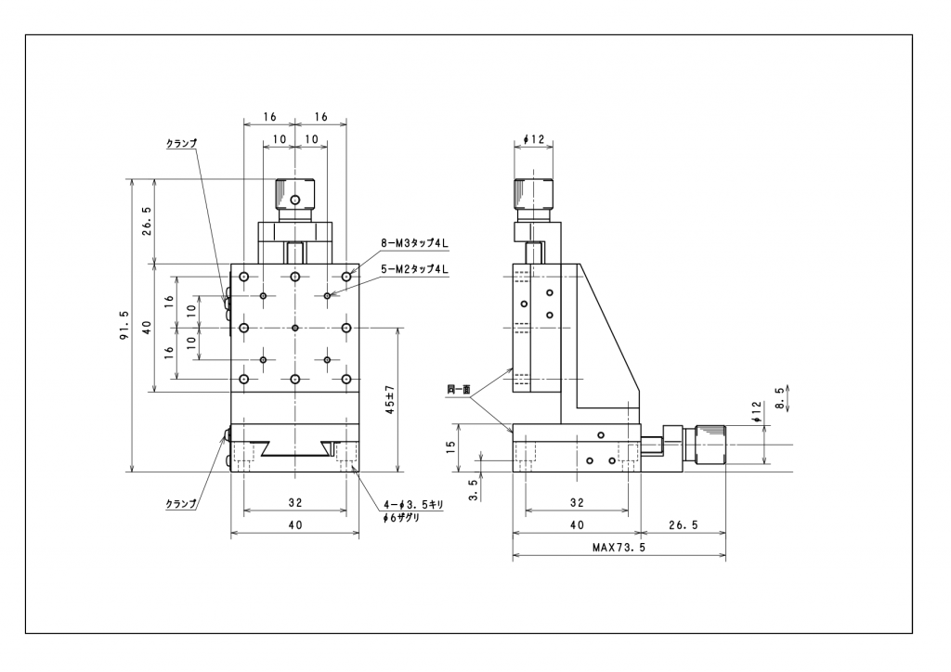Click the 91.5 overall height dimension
tap(124, 326)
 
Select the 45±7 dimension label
tap(391, 400)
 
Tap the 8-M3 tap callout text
tap(414, 244)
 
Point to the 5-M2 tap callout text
tap(414, 269)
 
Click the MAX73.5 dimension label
tap(619, 548)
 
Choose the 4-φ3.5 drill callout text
tap(414, 505)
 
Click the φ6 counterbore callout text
tap(401, 518)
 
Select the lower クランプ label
tap(181, 503)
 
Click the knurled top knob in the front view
tap(294, 195)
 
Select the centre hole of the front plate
tap(294, 328)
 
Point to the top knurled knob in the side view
tap(534, 195)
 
